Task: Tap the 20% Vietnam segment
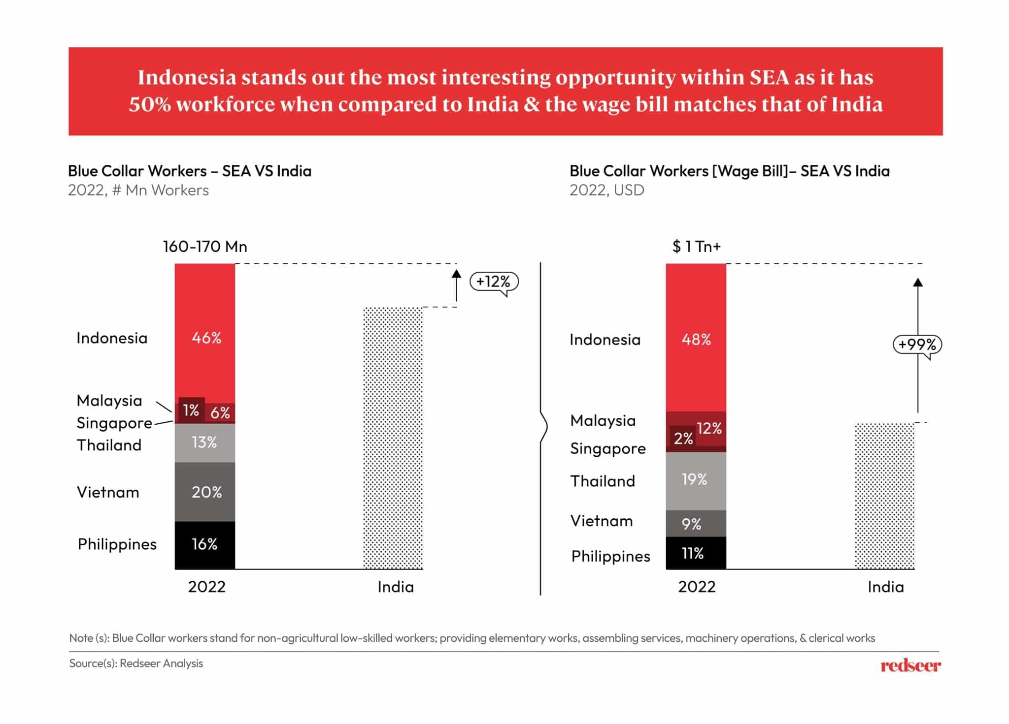[205, 492]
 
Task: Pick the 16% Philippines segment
[205, 544]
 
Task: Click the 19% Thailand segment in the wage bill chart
[696, 480]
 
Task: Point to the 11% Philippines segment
[696, 553]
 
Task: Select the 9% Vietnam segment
[696, 524]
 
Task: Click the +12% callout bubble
[494, 282]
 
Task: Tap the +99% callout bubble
[917, 344]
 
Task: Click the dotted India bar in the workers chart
[393, 438]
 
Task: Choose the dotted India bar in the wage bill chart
[885, 496]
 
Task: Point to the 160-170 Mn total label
[205, 246]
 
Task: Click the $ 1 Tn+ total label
[696, 246]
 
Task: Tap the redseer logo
[910, 665]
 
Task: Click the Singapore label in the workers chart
[114, 423]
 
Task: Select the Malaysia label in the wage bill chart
[603, 421]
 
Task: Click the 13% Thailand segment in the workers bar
[205, 442]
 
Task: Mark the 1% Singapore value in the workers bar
[191, 410]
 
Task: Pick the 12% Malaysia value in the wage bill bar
[709, 429]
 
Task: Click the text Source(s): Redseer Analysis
[136, 663]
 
